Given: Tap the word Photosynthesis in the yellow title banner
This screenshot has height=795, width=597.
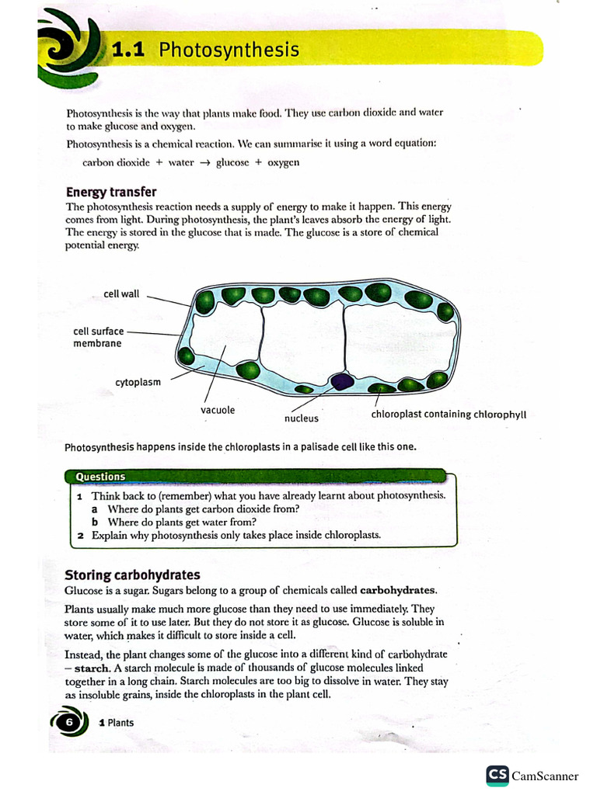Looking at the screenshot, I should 229,50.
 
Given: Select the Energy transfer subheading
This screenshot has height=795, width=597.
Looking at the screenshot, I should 111,192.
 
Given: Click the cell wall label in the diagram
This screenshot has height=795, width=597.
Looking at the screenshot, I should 121,294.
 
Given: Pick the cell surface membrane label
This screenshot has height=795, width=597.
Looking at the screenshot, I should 98,337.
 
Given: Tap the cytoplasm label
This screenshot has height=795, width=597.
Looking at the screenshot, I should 138,382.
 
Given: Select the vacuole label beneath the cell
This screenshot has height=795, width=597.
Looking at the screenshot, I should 218,410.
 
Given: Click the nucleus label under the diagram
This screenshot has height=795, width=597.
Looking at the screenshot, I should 301,418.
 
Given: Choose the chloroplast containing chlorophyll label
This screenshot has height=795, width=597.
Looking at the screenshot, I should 449,414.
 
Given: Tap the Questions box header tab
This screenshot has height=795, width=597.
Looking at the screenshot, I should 100,477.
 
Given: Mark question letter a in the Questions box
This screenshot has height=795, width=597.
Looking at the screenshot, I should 95,509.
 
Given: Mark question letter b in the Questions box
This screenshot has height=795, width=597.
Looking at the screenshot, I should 95,522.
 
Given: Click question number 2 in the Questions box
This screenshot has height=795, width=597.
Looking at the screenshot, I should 80,535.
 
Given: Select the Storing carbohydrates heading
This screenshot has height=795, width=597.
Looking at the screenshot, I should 132,575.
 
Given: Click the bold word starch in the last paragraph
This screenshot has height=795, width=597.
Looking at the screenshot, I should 92,668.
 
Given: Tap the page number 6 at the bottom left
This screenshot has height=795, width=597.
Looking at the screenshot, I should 68,722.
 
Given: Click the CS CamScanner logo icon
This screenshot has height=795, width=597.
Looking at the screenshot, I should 497,775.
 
